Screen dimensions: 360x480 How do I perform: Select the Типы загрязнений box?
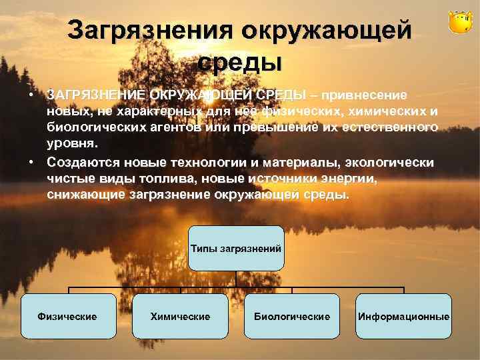236,248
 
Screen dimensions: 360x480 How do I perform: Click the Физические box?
67,316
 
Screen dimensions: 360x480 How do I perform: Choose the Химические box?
180,316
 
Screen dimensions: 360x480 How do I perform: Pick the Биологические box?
292,316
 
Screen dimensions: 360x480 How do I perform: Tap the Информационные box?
403,316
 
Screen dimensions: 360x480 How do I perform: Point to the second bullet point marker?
31,163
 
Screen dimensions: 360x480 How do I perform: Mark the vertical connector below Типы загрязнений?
236,279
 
